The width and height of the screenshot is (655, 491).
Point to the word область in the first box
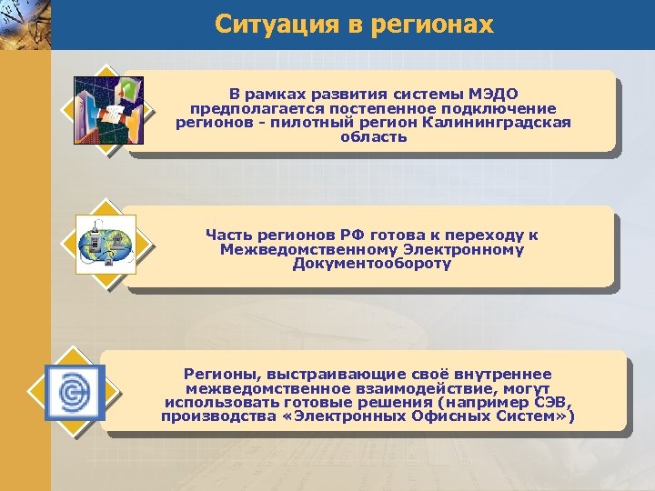374,137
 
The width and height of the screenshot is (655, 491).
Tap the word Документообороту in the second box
372,264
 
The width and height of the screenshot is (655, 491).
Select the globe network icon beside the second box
106,245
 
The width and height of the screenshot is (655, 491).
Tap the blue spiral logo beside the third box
75,392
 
